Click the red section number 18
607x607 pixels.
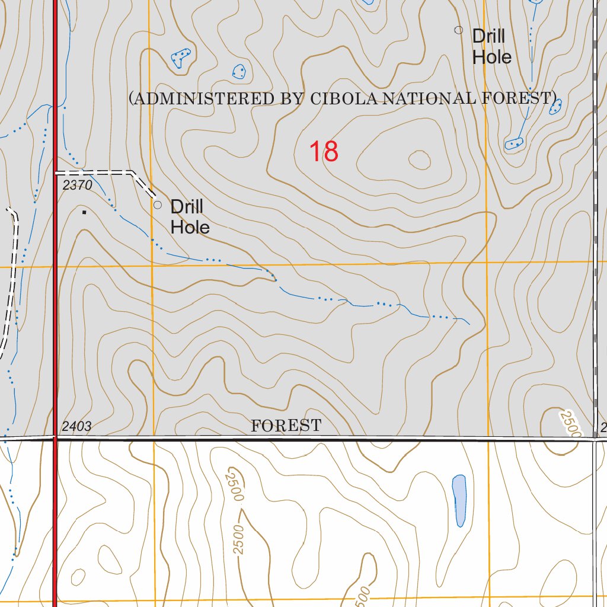pyautogui.click(x=324, y=152)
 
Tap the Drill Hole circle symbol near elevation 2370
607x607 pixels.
pyautogui.click(x=158, y=205)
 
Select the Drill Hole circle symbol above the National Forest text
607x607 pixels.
pyautogui.click(x=458, y=30)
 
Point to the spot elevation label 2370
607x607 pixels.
pyautogui.click(x=78, y=186)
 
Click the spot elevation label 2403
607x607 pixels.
pyautogui.click(x=76, y=426)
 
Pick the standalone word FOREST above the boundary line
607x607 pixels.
pyautogui.click(x=286, y=426)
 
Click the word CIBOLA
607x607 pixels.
pyautogui.click(x=343, y=98)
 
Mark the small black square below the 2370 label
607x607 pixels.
pyautogui.click(x=84, y=211)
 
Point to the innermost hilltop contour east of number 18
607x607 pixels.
pyautogui.click(x=419, y=159)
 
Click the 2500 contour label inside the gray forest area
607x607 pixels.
pyautogui.click(x=570, y=423)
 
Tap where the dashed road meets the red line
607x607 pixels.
pyautogui.click(x=56, y=173)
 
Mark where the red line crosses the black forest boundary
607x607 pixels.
pyautogui.click(x=56, y=439)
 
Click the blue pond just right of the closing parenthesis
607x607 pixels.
pyautogui.click(x=555, y=107)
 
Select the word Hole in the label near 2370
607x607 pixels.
pyautogui.click(x=190, y=227)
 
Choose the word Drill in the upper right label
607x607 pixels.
pyautogui.click(x=488, y=36)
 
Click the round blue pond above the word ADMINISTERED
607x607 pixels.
pyautogui.click(x=239, y=72)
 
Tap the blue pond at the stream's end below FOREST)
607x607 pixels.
pyautogui.click(x=514, y=143)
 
